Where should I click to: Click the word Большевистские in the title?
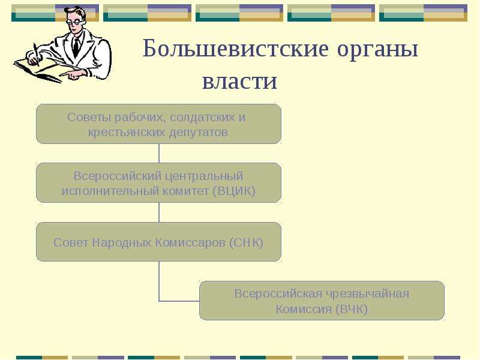[x=236, y=49]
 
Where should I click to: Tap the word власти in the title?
[x=239, y=81]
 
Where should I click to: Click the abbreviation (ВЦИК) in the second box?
[x=234, y=191]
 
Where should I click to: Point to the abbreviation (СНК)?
[x=246, y=242]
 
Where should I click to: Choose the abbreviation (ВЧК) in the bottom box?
[x=352, y=309]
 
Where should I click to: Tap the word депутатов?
[x=199, y=133]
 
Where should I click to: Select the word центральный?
[x=204, y=176]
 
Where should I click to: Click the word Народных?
[x=122, y=242]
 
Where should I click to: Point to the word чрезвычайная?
[x=367, y=294]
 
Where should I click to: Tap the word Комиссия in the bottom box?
[x=304, y=309]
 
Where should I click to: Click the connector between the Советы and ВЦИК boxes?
[x=159, y=154]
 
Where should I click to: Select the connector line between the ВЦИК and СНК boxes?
[x=159, y=212]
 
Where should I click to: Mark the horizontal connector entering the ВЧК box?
[x=179, y=301]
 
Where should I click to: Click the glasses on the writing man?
[x=77, y=22]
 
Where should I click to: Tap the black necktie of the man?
[x=76, y=47]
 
